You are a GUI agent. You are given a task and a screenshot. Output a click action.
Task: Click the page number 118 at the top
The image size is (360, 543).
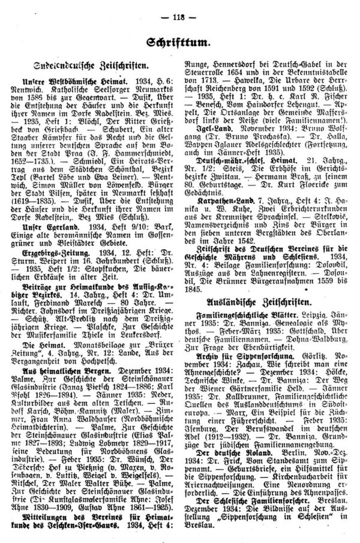click(x=179, y=7)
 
